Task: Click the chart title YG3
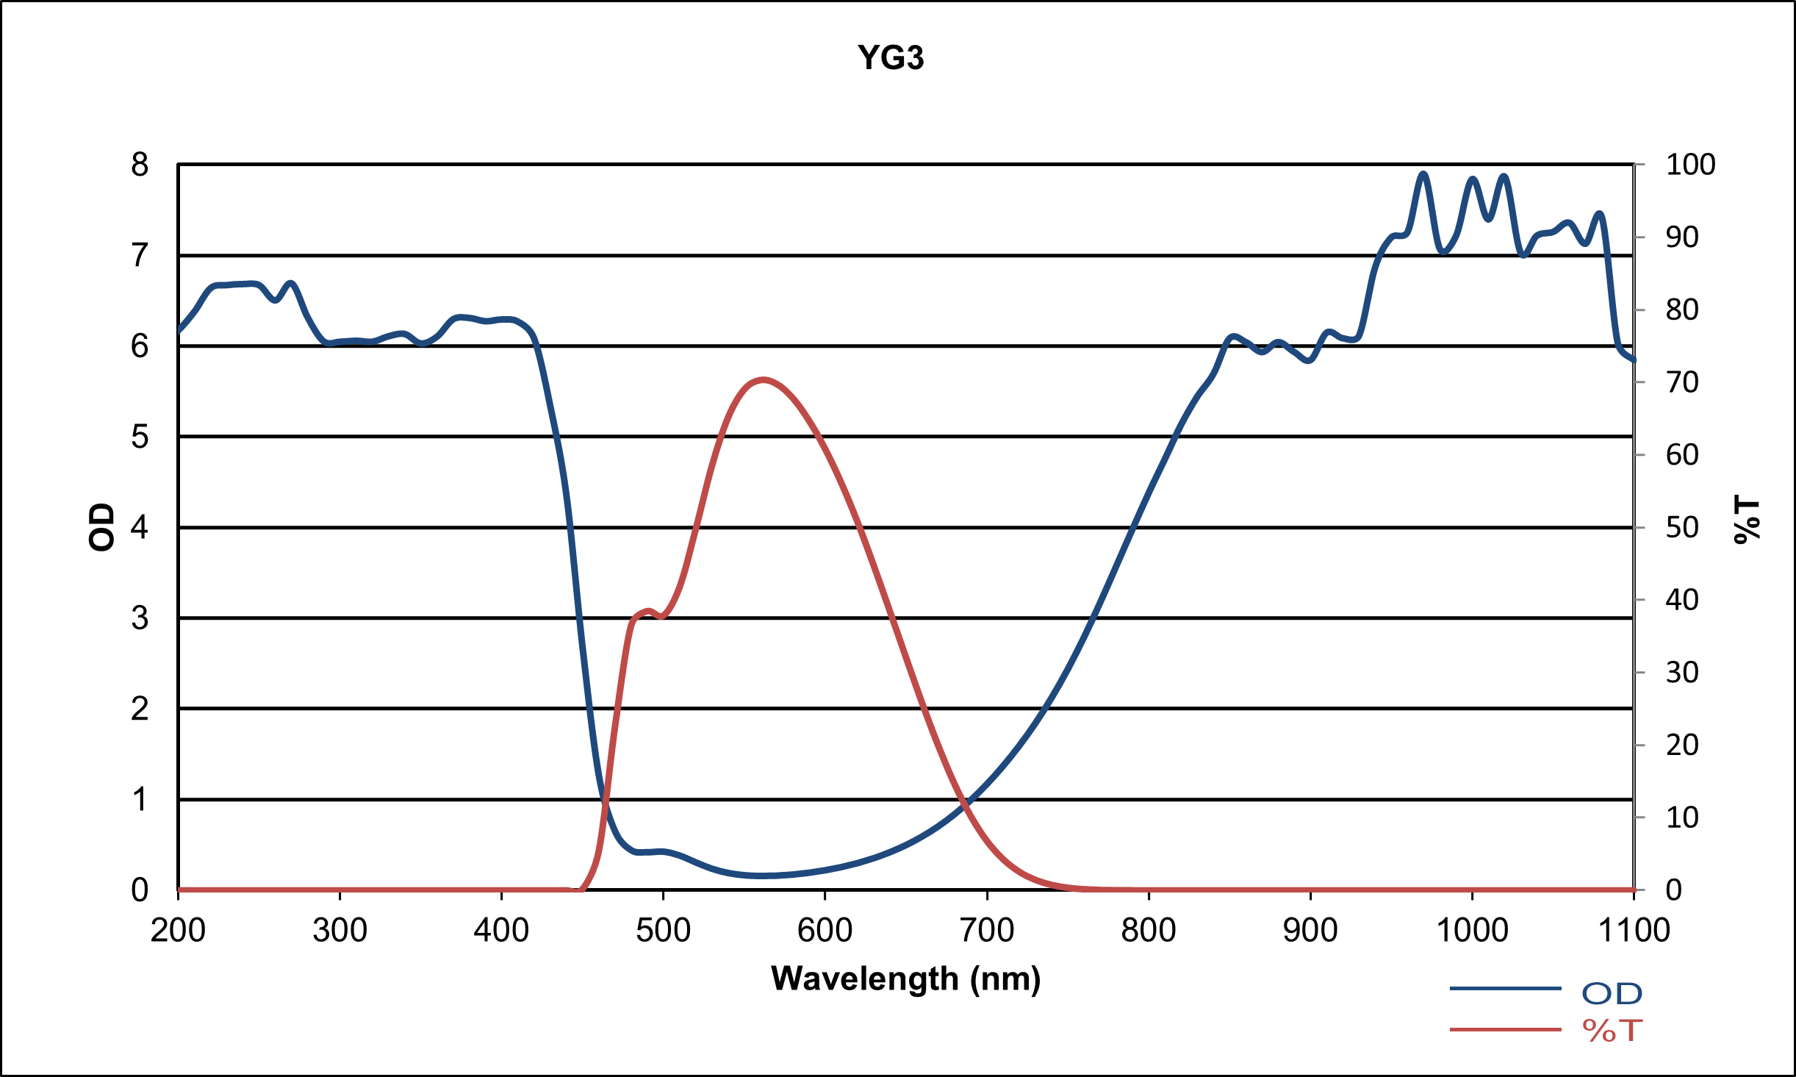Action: (x=890, y=57)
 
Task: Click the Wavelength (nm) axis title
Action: (x=905, y=979)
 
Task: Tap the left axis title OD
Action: (x=101, y=527)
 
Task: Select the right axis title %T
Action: (x=1747, y=520)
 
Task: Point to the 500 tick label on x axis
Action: (x=663, y=931)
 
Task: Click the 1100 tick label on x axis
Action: (x=1634, y=931)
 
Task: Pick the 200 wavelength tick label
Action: (x=178, y=931)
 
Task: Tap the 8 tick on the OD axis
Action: (x=140, y=165)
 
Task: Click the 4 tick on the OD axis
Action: (x=140, y=527)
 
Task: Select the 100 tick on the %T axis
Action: (x=1690, y=165)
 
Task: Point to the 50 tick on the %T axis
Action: (x=1682, y=527)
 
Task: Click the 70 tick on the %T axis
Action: (x=1682, y=382)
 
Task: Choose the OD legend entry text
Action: (x=1612, y=994)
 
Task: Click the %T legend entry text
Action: (x=1612, y=1031)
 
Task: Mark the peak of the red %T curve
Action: (x=764, y=380)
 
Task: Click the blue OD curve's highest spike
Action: (x=1423, y=174)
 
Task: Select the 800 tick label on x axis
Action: (x=1148, y=931)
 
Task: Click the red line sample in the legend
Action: (x=1504, y=1030)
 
